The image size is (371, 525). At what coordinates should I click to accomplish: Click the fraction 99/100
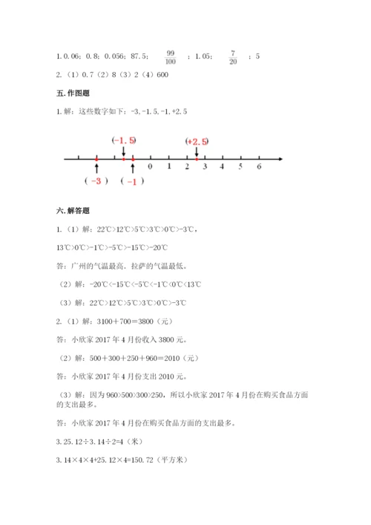[171, 55]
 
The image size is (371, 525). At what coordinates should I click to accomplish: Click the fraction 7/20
[233, 55]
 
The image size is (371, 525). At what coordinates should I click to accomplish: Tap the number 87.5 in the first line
[139, 55]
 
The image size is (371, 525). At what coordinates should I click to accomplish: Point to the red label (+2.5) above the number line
[197, 141]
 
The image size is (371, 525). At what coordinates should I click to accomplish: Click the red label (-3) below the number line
[96, 181]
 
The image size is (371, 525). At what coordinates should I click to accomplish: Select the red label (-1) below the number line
[132, 181]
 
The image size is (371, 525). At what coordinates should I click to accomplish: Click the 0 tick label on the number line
[151, 167]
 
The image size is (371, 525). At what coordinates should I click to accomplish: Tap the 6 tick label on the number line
[259, 167]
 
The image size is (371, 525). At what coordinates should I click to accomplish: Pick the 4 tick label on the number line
[223, 167]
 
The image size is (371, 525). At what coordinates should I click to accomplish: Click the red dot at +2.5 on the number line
[196, 158]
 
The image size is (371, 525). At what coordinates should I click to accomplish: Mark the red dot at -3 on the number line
[96, 158]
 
